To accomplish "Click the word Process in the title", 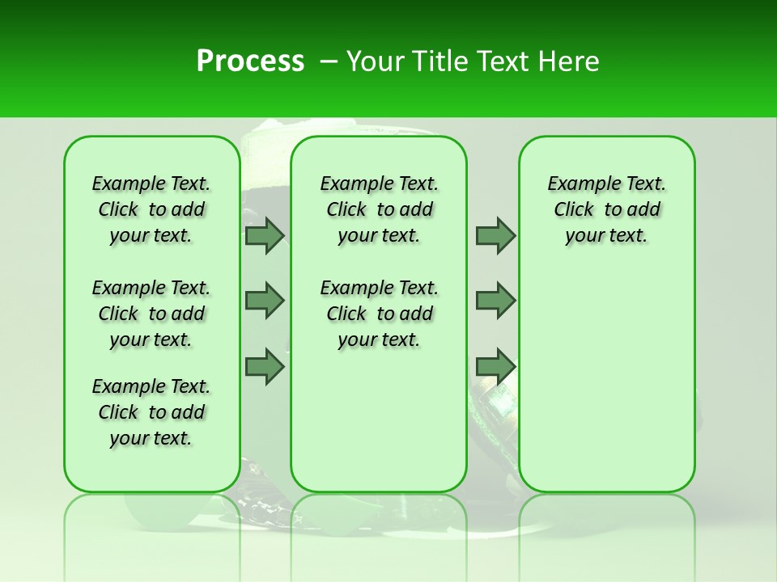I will click(250, 61).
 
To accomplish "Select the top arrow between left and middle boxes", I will click(265, 235).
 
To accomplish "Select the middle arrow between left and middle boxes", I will click(265, 301).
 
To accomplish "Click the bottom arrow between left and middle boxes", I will click(265, 367).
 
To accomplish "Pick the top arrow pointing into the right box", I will click(495, 235).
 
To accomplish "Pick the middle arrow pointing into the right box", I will click(495, 301).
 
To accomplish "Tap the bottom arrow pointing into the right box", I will click(495, 367).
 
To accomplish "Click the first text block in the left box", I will click(151, 209).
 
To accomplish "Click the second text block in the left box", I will click(151, 314).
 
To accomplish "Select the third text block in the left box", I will click(151, 412).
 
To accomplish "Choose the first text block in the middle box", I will click(379, 209).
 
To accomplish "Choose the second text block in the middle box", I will click(379, 314).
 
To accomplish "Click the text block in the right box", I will click(606, 209).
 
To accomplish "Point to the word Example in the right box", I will click(577, 184).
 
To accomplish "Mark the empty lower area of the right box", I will click(606, 380).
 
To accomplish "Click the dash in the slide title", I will click(328, 61).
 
